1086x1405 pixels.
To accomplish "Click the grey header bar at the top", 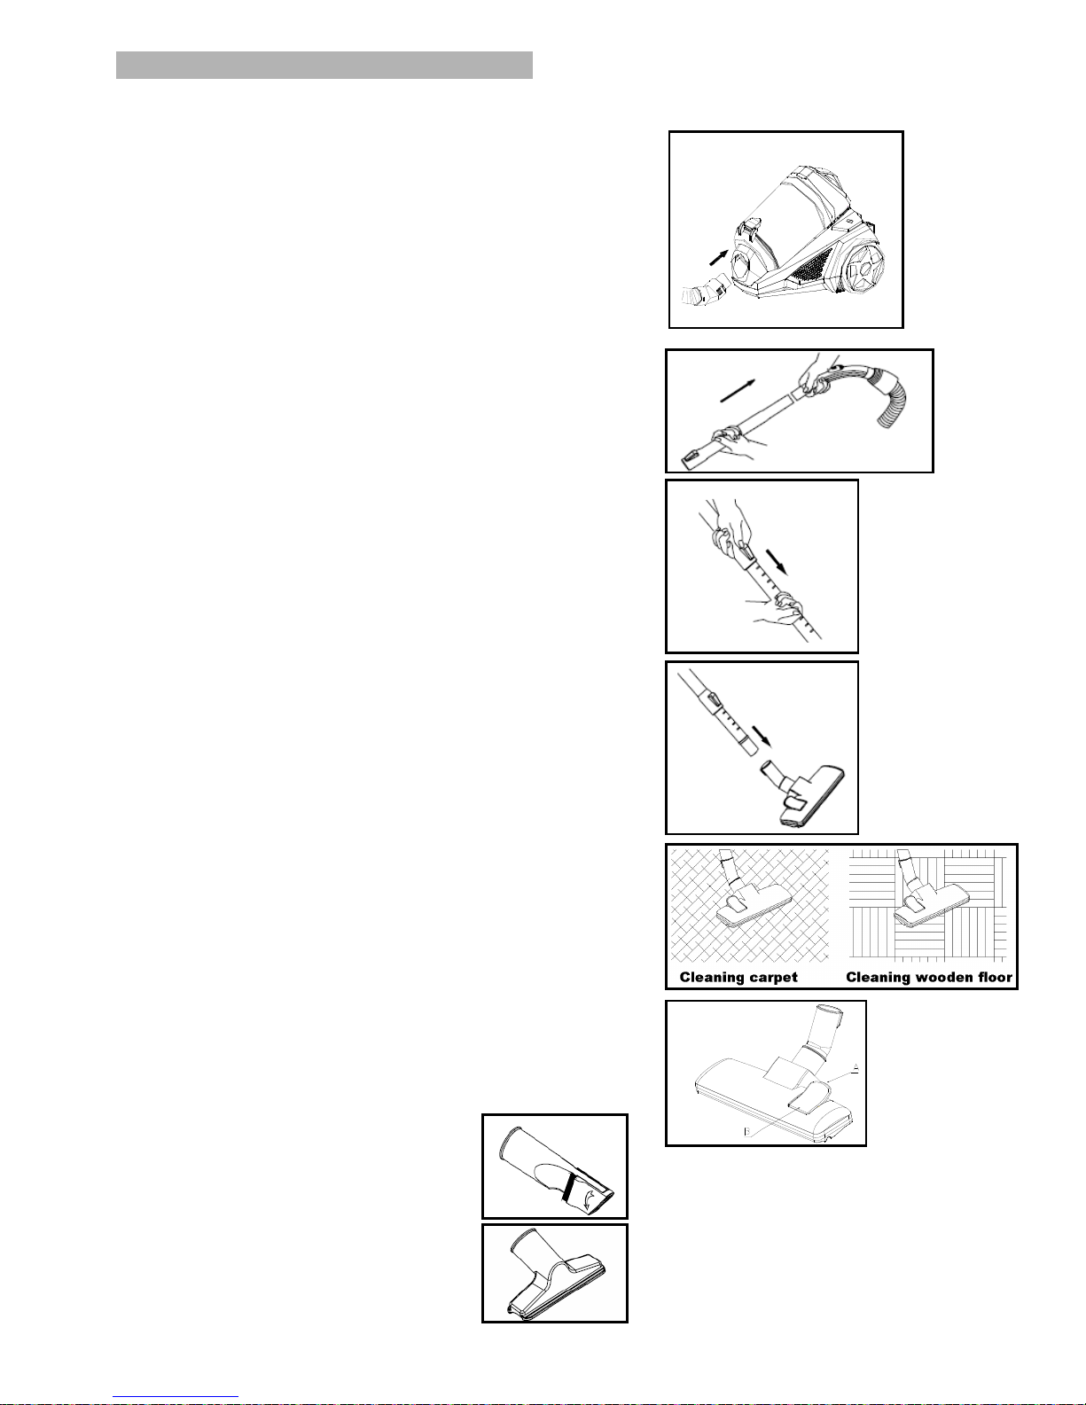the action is pos(324,66).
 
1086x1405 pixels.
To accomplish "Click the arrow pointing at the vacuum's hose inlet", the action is pos(718,257).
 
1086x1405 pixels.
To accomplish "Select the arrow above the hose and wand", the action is pos(738,391).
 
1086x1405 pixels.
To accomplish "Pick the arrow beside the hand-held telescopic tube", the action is pos(777,561).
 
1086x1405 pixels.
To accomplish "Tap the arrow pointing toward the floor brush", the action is pos(762,735).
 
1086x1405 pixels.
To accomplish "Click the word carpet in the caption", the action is pos(772,977).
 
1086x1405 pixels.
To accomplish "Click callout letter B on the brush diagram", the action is pos(747,1131).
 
